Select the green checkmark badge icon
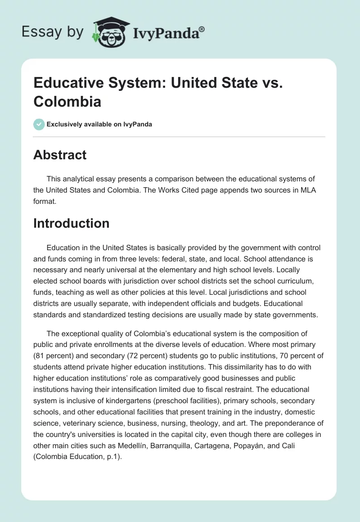click(39, 124)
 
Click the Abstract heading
click(60, 155)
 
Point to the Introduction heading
click(71, 223)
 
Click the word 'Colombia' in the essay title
click(67, 102)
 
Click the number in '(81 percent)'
click(40, 344)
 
